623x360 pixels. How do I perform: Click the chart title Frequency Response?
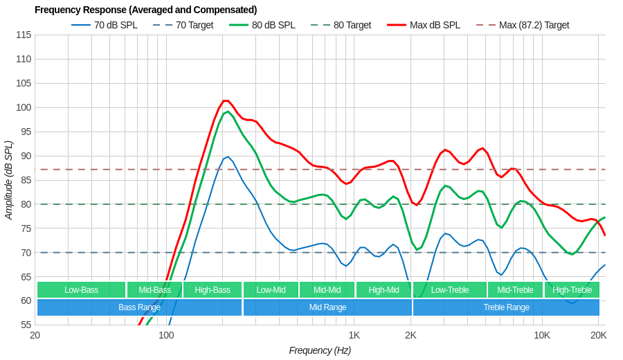pos(145,10)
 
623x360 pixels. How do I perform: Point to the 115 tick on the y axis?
pos(24,35)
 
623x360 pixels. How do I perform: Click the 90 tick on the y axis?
pos(24,156)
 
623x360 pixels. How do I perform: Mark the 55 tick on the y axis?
pos(24,325)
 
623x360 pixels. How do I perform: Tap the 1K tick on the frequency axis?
pos(354,335)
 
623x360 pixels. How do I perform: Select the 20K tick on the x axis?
pos(598,335)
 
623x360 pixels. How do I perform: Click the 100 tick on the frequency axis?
pos(166,335)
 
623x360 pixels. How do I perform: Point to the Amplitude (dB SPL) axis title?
pos(8,180)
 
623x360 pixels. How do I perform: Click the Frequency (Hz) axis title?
pos(320,350)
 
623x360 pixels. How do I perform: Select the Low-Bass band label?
pos(81,290)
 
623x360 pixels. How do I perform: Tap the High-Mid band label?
pos(383,290)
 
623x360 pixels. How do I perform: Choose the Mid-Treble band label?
pos(515,290)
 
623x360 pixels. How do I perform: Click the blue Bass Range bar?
pos(139,307)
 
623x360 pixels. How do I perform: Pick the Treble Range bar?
pos(506,307)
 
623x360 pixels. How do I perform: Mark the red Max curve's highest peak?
pos(226,100)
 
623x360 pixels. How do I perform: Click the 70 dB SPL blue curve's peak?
pos(228,156)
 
